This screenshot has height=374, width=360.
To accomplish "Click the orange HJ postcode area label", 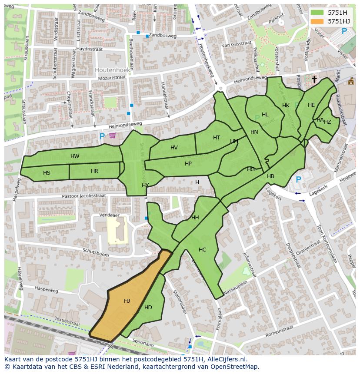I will click(127, 301).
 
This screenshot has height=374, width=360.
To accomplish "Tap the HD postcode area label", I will click(148, 308).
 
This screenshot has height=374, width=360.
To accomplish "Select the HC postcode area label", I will click(203, 250).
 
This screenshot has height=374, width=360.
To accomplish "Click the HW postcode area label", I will click(75, 156).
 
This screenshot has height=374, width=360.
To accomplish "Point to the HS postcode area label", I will click(47, 173).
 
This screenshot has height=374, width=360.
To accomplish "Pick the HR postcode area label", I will click(94, 171).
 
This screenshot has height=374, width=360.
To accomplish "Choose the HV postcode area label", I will click(174, 148).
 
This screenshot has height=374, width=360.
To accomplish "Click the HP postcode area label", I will click(188, 164).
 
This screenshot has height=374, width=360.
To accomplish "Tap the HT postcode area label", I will click(217, 138).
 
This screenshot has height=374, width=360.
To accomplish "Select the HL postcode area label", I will click(265, 115).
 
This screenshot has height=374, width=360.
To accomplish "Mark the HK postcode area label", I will click(286, 106).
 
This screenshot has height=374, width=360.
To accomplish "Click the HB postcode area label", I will click(270, 176).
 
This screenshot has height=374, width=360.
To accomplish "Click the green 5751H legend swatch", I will click(317, 13).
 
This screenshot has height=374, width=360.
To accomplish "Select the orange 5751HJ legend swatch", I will click(317, 21).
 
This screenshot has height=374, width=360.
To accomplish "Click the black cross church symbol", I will click(314, 79).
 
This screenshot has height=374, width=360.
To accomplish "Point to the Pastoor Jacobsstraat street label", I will click(84, 196).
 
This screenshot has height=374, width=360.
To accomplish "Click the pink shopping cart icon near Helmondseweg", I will click(113, 136).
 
